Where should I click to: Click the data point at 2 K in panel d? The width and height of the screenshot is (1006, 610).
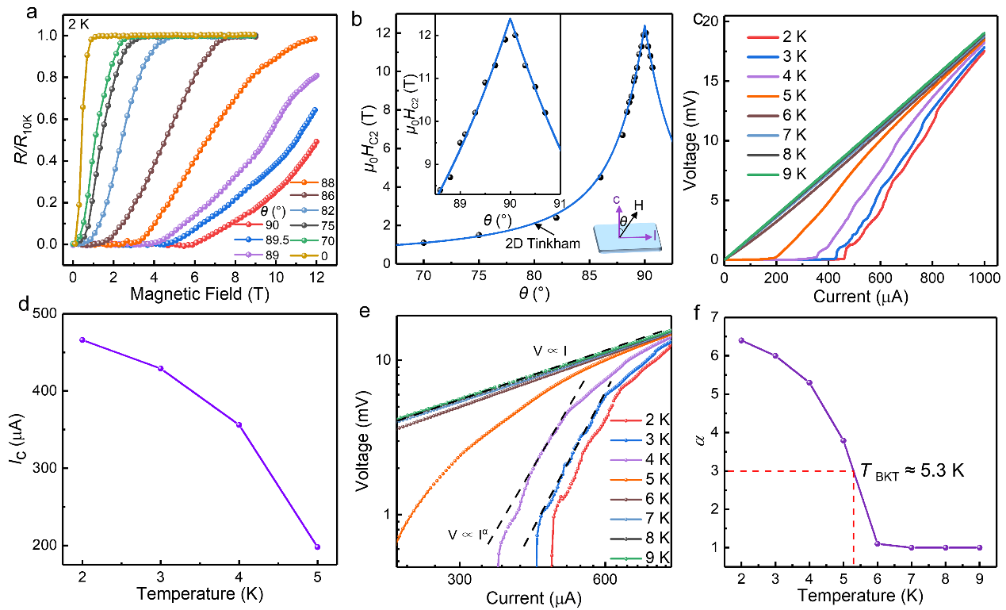coord(82,340)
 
